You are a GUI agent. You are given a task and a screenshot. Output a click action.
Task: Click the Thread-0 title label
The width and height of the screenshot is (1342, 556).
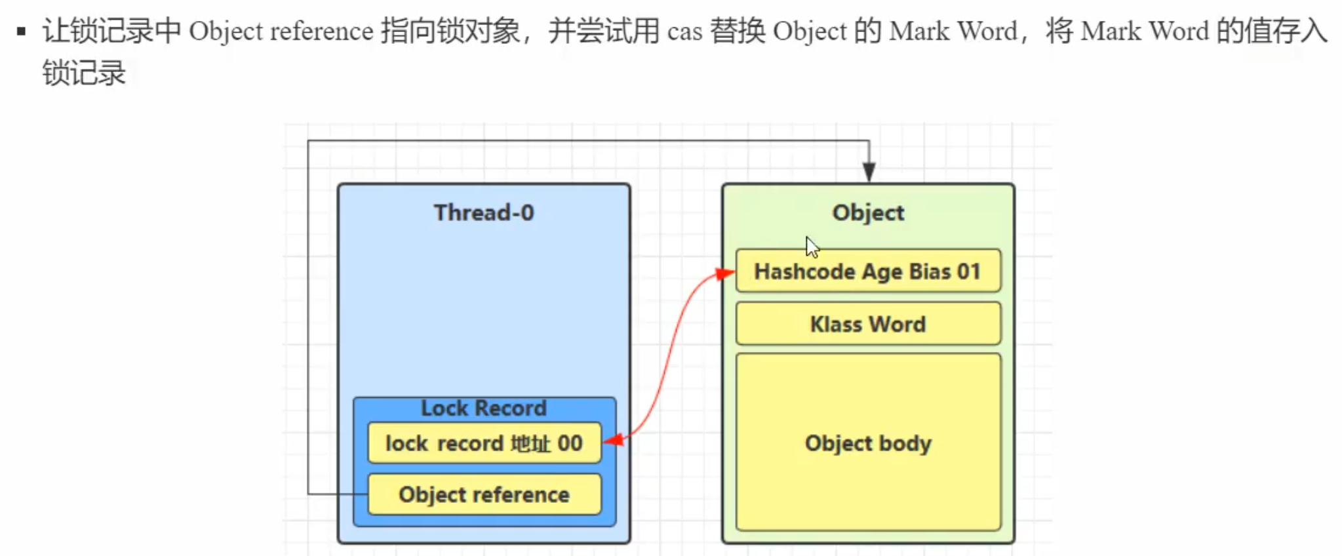(x=484, y=212)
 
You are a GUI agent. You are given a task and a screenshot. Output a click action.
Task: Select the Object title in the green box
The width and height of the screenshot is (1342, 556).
(x=868, y=212)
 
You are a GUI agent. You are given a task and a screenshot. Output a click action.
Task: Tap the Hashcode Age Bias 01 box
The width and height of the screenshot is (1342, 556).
(x=868, y=271)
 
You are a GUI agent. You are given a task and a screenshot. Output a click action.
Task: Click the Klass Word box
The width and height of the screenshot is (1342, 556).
(x=868, y=324)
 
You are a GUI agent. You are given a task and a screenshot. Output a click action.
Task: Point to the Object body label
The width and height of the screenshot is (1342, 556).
(x=868, y=443)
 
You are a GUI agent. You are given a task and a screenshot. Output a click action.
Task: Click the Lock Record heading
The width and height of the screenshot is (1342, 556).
(x=484, y=408)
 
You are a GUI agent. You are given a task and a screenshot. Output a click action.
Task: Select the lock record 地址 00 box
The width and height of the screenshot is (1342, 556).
(x=484, y=443)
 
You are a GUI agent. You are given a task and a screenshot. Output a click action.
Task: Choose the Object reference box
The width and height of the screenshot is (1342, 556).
(x=484, y=494)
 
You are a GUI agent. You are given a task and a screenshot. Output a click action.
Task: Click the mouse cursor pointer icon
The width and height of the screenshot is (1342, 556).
(x=812, y=247)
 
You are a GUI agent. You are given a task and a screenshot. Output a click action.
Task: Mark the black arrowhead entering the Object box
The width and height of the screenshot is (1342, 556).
(x=869, y=172)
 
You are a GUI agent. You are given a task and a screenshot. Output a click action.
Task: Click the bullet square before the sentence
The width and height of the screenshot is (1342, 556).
(x=22, y=31)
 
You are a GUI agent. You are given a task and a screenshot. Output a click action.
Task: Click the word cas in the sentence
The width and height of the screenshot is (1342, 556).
(x=684, y=31)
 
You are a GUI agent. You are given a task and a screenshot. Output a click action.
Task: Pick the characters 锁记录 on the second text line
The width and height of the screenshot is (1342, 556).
(x=84, y=72)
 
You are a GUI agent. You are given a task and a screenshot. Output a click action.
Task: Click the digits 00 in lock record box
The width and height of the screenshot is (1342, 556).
(x=570, y=443)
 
